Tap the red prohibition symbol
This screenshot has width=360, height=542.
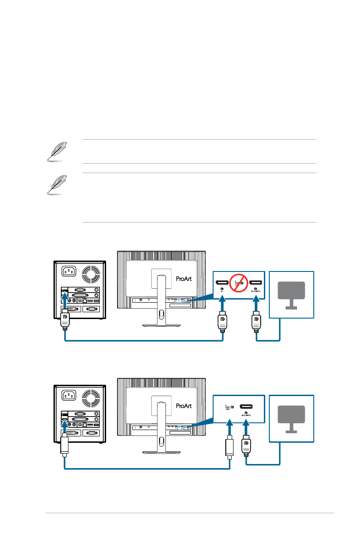pos(239,284)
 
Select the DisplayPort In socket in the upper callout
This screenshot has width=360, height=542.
pos(222,282)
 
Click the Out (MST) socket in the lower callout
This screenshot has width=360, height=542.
pos(246,406)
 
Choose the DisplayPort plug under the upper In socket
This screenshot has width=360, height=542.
pos(222,323)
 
